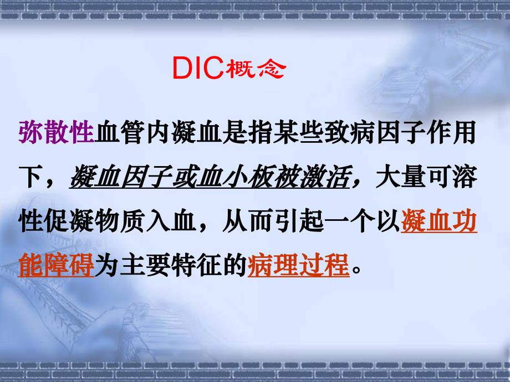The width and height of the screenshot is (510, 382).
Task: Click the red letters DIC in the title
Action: (197, 71)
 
